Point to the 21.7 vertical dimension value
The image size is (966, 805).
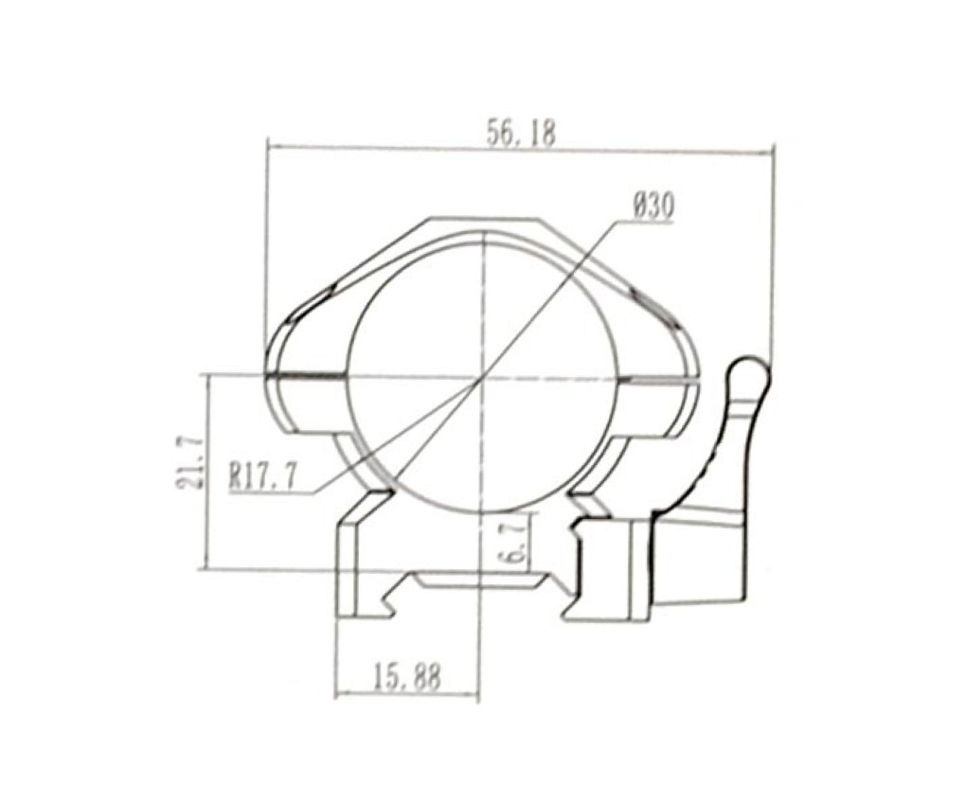tap(188, 461)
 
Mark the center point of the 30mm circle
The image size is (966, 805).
tap(483, 376)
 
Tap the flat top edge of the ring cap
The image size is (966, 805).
tap(483, 218)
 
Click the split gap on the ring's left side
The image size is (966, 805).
tap(306, 375)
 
